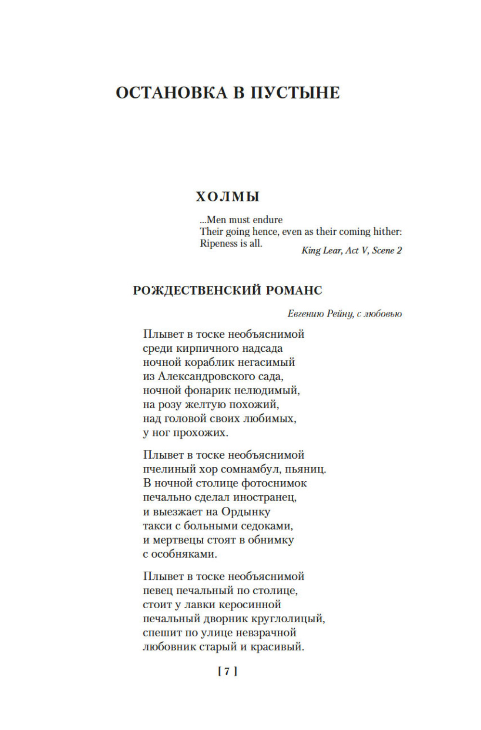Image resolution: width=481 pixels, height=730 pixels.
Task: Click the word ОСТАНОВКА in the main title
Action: pyautogui.click(x=171, y=93)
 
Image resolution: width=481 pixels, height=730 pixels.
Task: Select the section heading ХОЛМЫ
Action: pyautogui.click(x=227, y=196)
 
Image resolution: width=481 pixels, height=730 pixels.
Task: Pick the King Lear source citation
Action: pyautogui.click(x=351, y=250)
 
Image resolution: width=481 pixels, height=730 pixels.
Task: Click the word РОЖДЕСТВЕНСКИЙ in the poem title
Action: pyautogui.click(x=196, y=290)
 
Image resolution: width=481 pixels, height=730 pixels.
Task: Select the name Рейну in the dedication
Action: pyautogui.click(x=340, y=314)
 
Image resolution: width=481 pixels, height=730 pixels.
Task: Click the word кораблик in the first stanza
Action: pyautogui.click(x=209, y=362)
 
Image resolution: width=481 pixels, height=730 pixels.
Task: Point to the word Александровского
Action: pyautogui.click(x=205, y=376)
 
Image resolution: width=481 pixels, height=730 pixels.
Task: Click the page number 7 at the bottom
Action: pyautogui.click(x=227, y=671)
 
